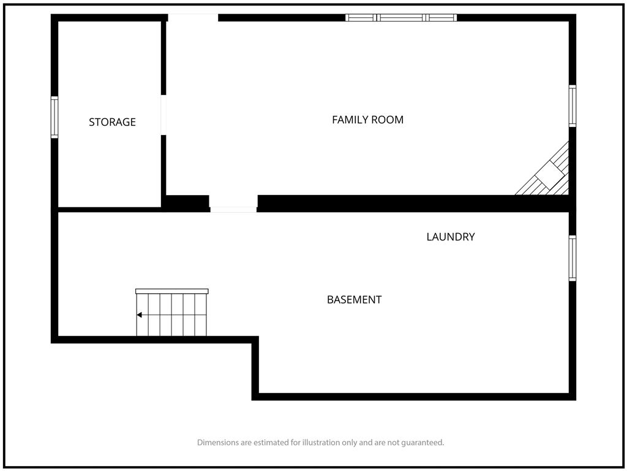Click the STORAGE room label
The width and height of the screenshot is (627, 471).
click(x=113, y=122)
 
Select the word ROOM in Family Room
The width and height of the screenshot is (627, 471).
click(x=388, y=120)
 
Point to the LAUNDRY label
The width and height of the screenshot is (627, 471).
click(x=451, y=237)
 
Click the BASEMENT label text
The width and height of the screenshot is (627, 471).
click(x=355, y=299)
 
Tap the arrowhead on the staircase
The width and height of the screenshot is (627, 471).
click(x=139, y=315)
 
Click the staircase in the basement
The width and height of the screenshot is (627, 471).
click(x=171, y=312)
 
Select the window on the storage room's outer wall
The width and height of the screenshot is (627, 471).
click(x=54, y=117)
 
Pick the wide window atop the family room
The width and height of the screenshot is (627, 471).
click(x=401, y=18)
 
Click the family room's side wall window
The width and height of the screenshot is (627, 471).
click(x=573, y=106)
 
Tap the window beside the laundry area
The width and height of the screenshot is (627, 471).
click(x=573, y=258)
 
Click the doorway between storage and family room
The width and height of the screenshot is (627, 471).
click(x=163, y=115)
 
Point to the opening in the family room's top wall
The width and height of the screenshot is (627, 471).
click(x=193, y=18)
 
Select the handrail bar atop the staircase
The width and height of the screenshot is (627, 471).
click(x=172, y=291)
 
